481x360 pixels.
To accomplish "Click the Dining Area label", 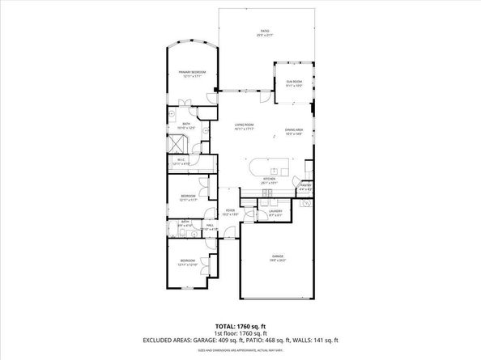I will click(x=293, y=132).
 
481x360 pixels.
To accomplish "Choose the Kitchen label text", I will click(x=269, y=181).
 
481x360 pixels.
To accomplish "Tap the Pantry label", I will click(x=305, y=187).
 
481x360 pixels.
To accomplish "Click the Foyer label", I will click(x=230, y=213).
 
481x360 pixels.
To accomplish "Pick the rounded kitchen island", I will click(x=266, y=169).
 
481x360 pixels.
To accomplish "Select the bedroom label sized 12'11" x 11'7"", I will click(x=188, y=198).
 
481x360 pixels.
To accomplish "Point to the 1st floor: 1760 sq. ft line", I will click(x=240, y=332).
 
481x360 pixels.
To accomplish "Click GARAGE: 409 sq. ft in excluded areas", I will click(x=219, y=341).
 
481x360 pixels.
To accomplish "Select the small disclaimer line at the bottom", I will click(x=240, y=350).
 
